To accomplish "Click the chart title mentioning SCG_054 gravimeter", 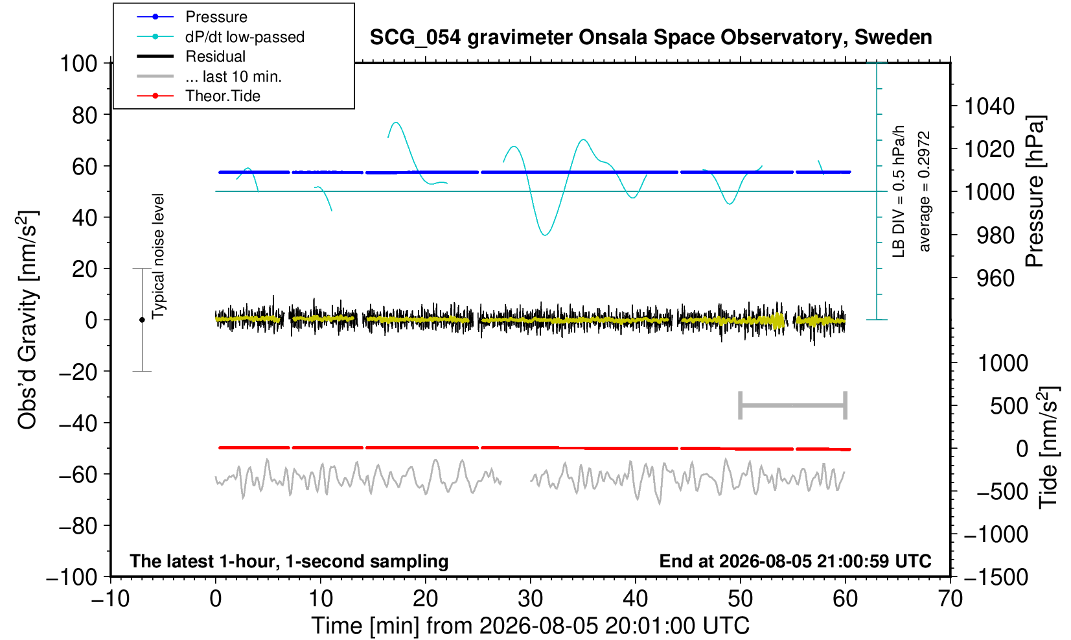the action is (x=651, y=38).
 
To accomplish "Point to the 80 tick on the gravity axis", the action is (x=85, y=115).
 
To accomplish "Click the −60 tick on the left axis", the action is (x=78, y=475).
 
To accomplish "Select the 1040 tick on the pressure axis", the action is (x=989, y=106).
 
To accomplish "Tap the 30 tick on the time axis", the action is (x=530, y=599).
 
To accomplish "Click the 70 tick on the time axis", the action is (x=950, y=599).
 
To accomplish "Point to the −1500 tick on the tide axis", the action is (x=996, y=577).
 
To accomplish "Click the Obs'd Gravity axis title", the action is (x=27, y=320).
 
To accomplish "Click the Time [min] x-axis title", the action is (x=530, y=626).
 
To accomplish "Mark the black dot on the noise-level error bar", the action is (x=142, y=320).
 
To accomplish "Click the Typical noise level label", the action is (x=158, y=256).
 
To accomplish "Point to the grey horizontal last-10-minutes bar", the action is (x=793, y=405).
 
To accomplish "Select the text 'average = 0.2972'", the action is (x=924, y=191).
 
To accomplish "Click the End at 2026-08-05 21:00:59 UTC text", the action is (x=795, y=561).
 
